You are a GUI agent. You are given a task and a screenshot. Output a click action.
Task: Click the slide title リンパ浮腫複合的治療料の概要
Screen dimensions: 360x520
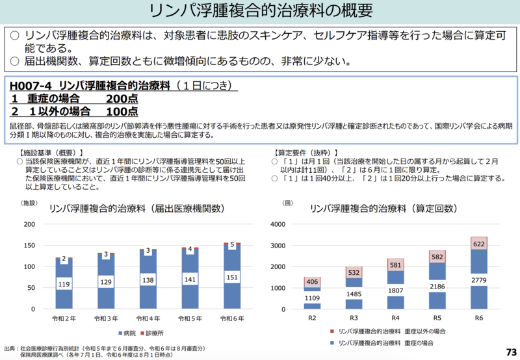[x=260, y=11]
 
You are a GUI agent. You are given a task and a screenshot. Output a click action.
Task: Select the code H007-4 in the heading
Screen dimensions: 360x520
[x=31, y=86]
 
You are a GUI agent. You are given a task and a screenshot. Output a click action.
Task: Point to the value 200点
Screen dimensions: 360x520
[x=122, y=98]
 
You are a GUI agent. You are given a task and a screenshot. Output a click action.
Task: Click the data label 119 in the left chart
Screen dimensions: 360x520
[x=64, y=283]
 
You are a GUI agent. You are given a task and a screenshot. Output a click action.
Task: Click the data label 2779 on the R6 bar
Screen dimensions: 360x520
[x=478, y=279]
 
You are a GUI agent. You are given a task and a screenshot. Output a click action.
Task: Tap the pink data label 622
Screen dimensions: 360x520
[x=478, y=244]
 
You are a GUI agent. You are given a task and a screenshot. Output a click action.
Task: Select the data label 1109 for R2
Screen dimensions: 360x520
[x=312, y=298]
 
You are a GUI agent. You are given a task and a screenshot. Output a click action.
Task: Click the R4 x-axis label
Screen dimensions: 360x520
[x=395, y=318]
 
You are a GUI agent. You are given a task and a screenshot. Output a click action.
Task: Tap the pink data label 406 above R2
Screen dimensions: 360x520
[x=312, y=281]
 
